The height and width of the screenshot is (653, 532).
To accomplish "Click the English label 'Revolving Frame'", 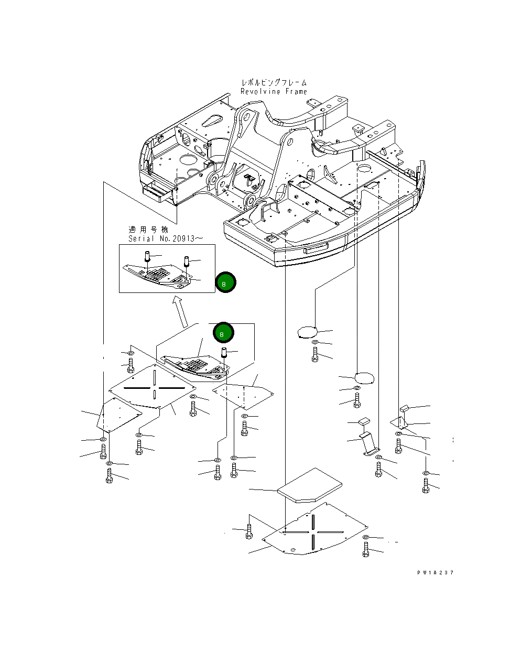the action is click(x=274, y=91).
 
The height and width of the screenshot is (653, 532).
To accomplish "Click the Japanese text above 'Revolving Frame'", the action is click(x=274, y=82).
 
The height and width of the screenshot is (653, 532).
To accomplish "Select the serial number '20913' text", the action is click(x=183, y=238).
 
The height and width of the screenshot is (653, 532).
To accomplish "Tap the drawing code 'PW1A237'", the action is click(x=435, y=572).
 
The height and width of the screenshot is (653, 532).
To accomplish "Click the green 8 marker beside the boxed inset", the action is click(x=225, y=282).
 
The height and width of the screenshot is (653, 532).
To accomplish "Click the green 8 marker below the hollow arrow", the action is click(x=223, y=333).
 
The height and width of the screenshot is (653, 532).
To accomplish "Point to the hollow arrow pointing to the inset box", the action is click(x=181, y=312).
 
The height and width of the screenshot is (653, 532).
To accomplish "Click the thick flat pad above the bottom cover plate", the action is click(x=310, y=485).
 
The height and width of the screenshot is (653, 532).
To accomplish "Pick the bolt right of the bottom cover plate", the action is click(x=365, y=549).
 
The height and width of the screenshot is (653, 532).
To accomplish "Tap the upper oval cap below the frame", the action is click(x=307, y=332).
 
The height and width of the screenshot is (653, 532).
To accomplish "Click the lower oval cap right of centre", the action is click(x=364, y=378).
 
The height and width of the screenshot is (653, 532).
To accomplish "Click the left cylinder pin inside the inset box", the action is click(x=147, y=256).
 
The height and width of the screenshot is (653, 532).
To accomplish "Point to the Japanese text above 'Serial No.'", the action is click(x=148, y=230).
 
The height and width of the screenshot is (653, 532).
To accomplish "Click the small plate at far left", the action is click(x=120, y=415).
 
